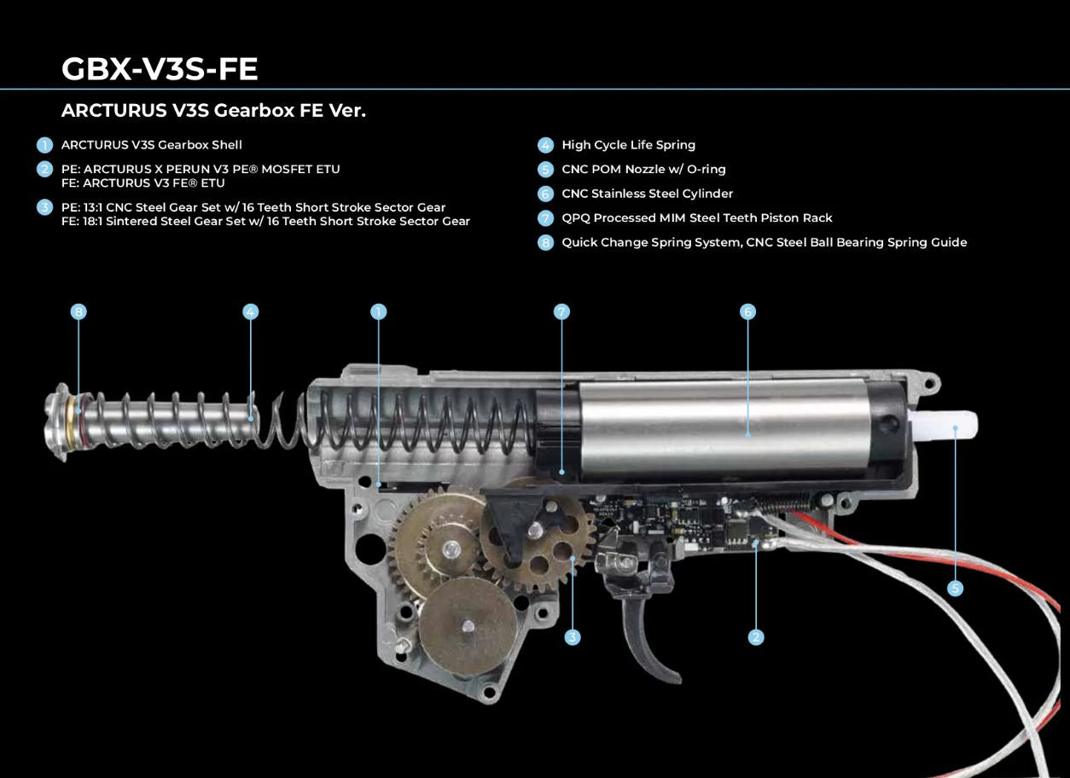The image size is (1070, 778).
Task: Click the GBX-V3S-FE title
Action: point(160,69)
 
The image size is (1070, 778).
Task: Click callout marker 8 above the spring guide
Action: point(79,312)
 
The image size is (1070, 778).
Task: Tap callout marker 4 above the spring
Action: point(251,312)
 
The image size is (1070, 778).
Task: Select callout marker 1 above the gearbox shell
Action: point(378,312)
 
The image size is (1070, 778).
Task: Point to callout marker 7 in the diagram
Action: point(561,312)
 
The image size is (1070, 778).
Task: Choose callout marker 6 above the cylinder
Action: point(748,312)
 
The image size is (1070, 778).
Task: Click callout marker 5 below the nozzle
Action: point(956,589)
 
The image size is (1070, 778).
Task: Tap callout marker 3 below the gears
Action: point(573,636)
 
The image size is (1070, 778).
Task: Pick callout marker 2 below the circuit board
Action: point(756,636)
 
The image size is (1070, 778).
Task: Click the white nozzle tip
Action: point(944,425)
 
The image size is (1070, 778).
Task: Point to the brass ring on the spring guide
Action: point(73,421)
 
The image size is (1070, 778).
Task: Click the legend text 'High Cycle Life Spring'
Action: point(629,145)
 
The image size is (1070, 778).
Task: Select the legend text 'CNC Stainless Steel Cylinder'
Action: point(648,194)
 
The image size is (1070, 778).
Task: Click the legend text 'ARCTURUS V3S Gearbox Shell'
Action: point(151,145)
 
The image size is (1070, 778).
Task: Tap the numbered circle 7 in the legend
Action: point(545,218)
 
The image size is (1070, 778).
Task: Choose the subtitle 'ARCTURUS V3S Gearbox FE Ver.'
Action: point(213,111)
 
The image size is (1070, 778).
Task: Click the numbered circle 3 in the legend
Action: point(45,207)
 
